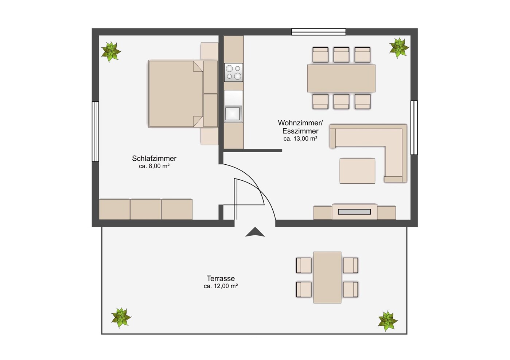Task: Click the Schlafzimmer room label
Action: click(x=154, y=159)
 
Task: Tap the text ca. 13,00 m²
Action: click(x=300, y=138)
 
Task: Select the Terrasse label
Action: click(x=221, y=278)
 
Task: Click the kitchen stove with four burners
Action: click(x=234, y=73)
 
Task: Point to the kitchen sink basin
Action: click(x=233, y=114)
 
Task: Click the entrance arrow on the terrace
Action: click(x=255, y=232)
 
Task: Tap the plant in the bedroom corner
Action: click(x=111, y=52)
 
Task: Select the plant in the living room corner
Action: click(x=399, y=48)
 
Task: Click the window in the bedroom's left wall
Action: click(x=96, y=132)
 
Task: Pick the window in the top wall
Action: click(x=319, y=32)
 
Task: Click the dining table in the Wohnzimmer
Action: click(x=341, y=78)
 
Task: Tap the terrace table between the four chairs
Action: click(x=327, y=277)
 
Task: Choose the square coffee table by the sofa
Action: click(x=358, y=171)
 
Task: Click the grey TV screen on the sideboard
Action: click(x=354, y=212)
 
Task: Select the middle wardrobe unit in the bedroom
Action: click(x=146, y=210)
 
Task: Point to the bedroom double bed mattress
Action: click(x=175, y=94)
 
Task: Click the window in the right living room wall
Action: click(x=414, y=128)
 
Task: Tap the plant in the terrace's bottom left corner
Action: click(x=121, y=317)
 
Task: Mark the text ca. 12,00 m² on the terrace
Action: click(x=221, y=286)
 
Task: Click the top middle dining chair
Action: click(x=341, y=55)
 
